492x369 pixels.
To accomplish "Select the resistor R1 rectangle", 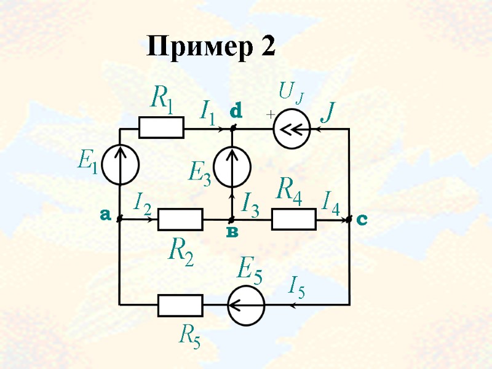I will pos(161,128).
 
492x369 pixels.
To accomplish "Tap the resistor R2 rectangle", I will pos(180,219).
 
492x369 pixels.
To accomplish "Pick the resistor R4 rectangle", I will pos(294,219).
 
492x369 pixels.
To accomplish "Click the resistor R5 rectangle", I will pos(180,304).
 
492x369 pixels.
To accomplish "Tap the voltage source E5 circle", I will pos(246,304).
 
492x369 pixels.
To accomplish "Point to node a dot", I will pos(120,218).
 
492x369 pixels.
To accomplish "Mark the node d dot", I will pos(232,128).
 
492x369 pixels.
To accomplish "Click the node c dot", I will pos(349,218).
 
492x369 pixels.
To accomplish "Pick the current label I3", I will pos(250,204).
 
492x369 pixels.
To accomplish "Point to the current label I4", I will pos(331,202).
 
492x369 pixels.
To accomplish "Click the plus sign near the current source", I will pos(269,115).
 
